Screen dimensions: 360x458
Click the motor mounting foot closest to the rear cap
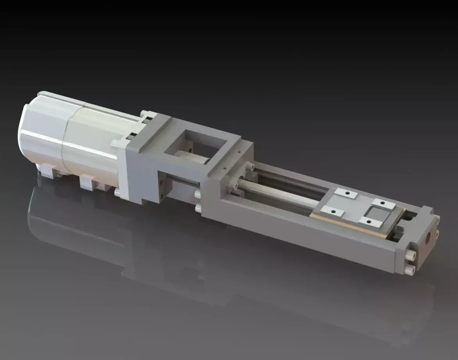point(49,172)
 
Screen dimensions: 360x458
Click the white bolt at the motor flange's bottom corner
point(118,193)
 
